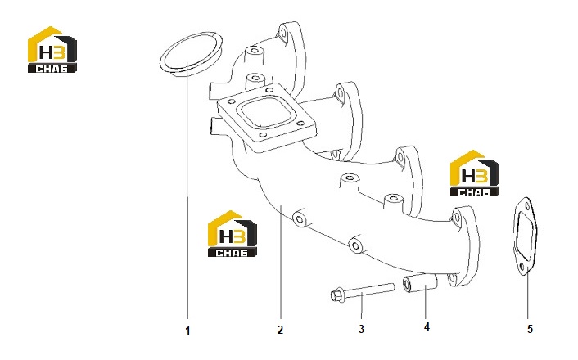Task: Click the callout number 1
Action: (x=187, y=331)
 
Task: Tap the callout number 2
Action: (x=280, y=330)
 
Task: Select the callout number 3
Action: (x=361, y=329)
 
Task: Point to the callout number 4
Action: (x=427, y=326)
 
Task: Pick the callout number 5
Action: (x=530, y=329)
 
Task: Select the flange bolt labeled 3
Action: (x=363, y=292)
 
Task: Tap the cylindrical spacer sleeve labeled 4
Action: (x=420, y=282)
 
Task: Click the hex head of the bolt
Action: (x=336, y=296)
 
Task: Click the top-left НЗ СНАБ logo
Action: (x=52, y=49)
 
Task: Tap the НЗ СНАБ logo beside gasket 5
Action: (x=475, y=173)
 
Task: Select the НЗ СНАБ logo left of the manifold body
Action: (x=233, y=234)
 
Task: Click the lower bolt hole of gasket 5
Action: (x=522, y=267)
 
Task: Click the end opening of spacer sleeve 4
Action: (x=407, y=283)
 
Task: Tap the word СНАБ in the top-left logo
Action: (x=52, y=69)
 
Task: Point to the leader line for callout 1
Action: (x=187, y=191)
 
